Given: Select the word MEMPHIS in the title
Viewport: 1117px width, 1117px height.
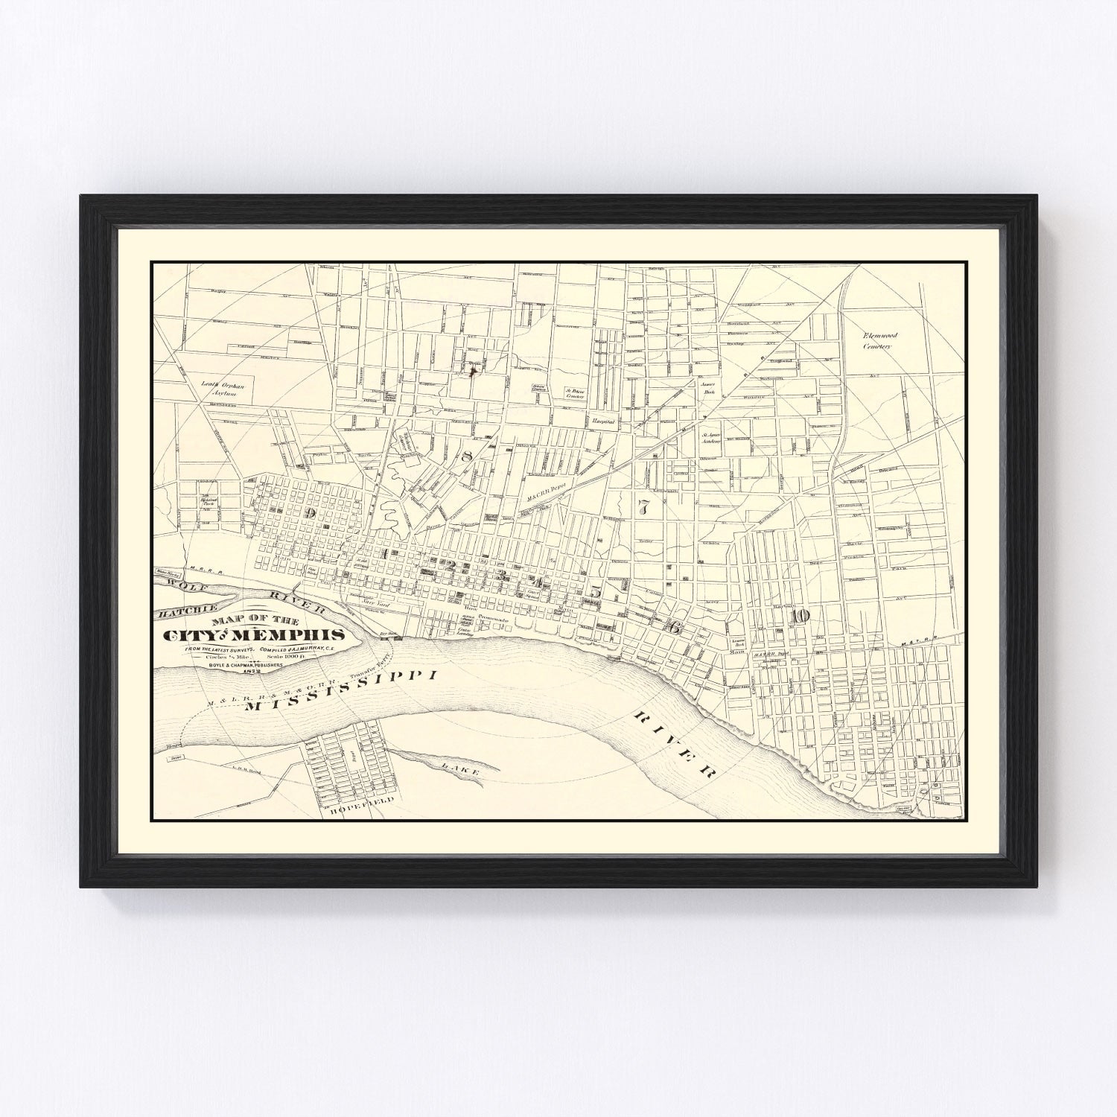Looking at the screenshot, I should tap(299, 635).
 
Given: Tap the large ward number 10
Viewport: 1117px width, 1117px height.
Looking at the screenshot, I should tap(800, 615).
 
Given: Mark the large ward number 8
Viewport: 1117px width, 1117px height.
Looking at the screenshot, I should tap(467, 456).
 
